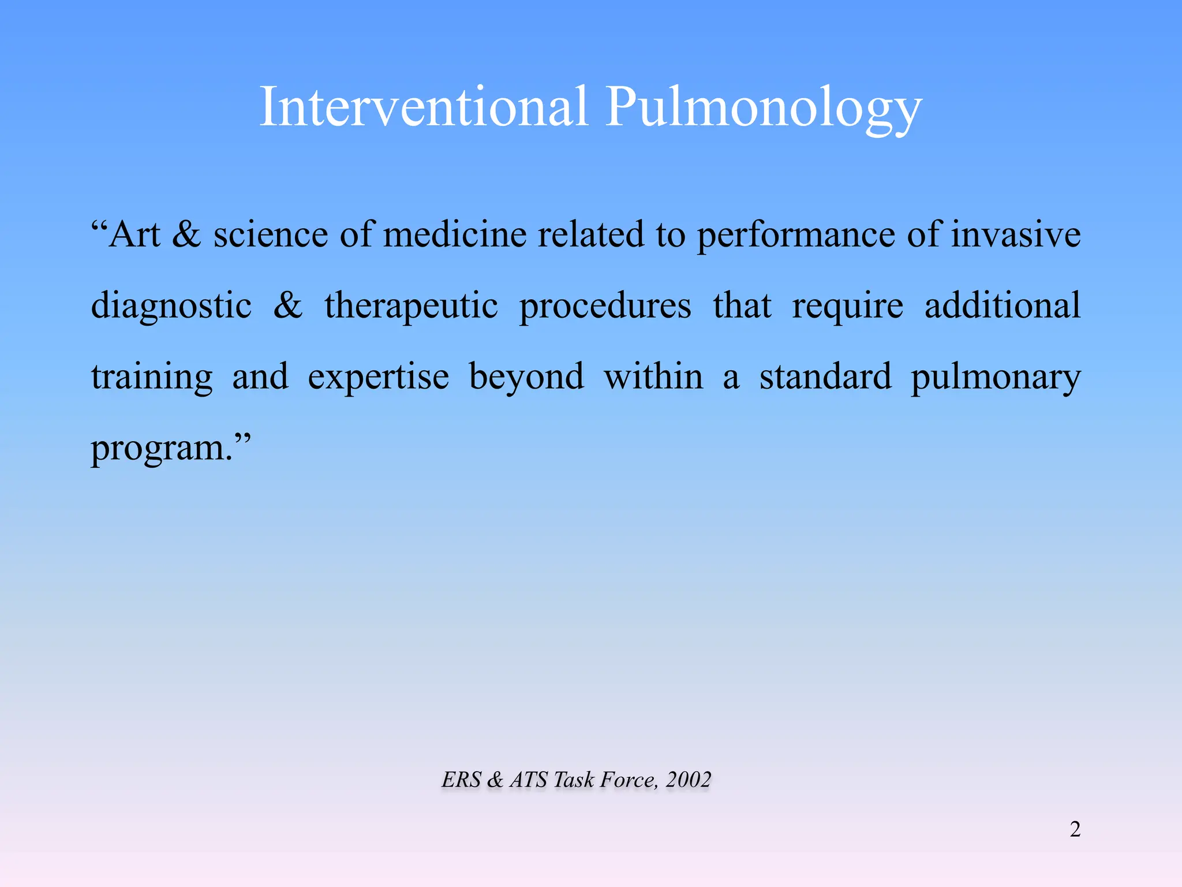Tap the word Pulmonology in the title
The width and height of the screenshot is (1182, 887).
[x=763, y=108]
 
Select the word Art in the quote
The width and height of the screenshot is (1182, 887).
[x=134, y=235]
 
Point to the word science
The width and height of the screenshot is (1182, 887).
[x=271, y=235]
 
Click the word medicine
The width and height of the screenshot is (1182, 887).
[x=455, y=235]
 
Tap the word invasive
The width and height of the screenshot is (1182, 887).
[x=1016, y=235]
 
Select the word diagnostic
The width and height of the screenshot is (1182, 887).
[x=171, y=307]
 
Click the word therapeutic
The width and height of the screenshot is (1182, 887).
[x=411, y=307]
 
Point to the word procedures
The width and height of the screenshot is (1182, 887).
[x=605, y=307]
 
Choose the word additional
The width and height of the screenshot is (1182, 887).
[x=1003, y=305]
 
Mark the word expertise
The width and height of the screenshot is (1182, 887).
[x=378, y=378]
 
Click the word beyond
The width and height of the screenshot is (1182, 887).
[x=526, y=378]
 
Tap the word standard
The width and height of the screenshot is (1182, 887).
[x=825, y=377]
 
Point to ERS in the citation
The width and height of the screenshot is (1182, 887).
[x=461, y=780]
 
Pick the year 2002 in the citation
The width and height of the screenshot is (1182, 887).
[x=688, y=780]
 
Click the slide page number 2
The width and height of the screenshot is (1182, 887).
[x=1075, y=829]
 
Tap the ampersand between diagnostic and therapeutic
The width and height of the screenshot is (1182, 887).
[x=287, y=305]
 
